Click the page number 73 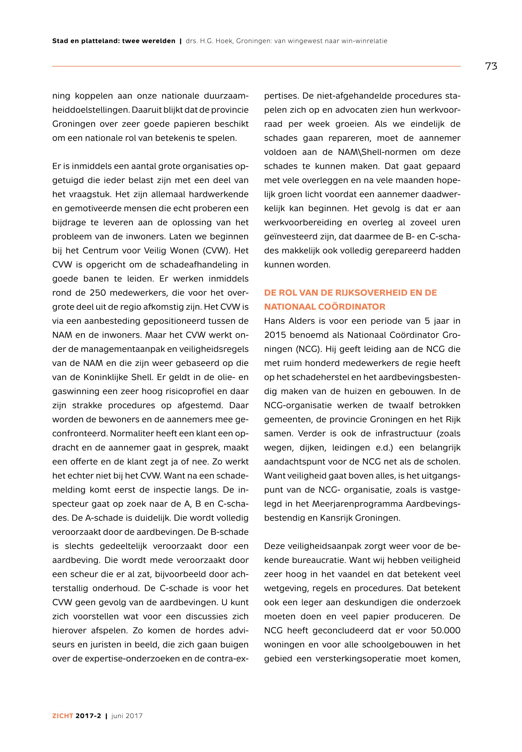tap(491, 66)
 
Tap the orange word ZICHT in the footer tap(63, 716)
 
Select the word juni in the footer tap(118, 716)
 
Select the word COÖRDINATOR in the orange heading tap(352, 307)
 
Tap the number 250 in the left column tap(98, 293)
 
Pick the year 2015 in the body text tap(275, 335)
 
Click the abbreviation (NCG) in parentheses tap(308, 349)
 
